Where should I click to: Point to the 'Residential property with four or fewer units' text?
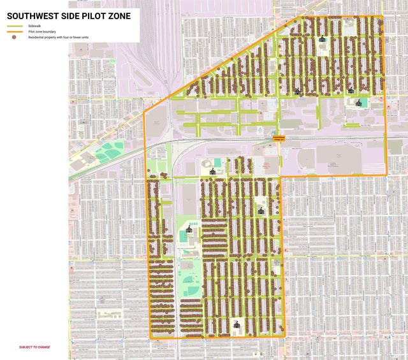(x=57, y=37)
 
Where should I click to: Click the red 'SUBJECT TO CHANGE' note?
(x=34, y=347)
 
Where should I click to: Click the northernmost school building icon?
(x=322, y=39)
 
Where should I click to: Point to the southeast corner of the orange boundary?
(x=284, y=336)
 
